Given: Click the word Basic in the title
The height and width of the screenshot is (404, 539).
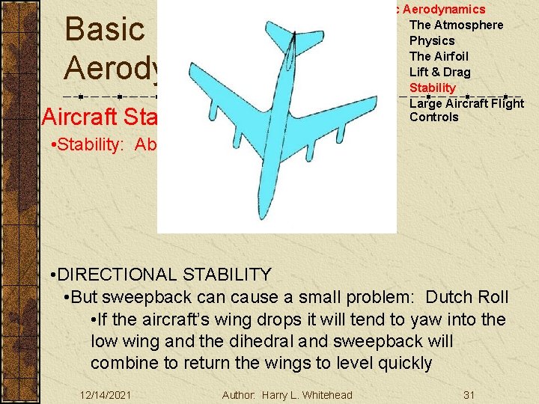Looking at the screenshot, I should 104,30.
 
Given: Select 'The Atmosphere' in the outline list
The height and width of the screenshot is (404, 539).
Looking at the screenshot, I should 456,25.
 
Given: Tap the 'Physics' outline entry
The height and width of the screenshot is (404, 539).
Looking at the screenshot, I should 432,40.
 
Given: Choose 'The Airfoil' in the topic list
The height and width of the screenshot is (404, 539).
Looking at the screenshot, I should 439,56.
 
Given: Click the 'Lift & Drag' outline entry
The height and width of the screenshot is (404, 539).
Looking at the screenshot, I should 439,72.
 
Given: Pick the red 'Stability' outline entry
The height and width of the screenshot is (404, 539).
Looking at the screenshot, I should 432,88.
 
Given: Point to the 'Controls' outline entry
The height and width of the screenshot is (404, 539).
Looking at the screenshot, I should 433,117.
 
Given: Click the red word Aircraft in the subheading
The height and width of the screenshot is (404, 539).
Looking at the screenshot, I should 75,117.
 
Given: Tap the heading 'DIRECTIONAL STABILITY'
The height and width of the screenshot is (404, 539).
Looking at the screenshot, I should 165,275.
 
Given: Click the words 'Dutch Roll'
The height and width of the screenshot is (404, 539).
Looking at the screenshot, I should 466,298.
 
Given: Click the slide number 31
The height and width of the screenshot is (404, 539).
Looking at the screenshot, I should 469,394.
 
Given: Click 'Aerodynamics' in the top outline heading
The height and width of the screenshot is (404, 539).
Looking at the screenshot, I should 445,9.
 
